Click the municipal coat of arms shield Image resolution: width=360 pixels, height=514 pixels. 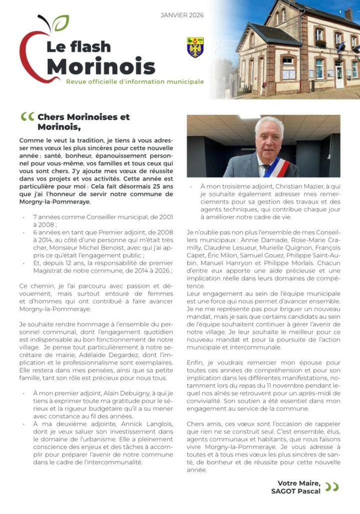pyautogui.click(x=195, y=47)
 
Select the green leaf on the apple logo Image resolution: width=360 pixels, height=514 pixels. pyautogui.click(x=61, y=22)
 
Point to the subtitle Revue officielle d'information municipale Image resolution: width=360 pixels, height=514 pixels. pyautogui.click(x=135, y=81)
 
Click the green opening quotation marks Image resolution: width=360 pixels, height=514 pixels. pyautogui.click(x=27, y=117)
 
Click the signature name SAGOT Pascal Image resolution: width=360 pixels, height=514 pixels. pyautogui.click(x=300, y=492)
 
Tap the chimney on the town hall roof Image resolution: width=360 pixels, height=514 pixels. pyautogui.click(x=348, y=13)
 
